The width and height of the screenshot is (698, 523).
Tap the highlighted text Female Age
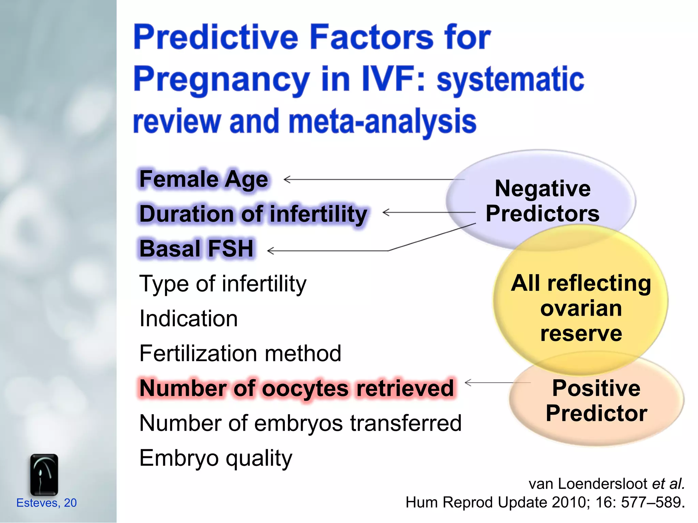point(204,179)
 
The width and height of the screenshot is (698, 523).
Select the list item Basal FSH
point(197,249)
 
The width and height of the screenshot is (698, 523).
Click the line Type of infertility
point(223,284)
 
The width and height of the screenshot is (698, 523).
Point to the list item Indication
point(188,319)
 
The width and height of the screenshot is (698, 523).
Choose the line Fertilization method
point(240,353)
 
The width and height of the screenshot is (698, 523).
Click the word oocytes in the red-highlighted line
point(305,389)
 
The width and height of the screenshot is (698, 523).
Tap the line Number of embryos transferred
point(300,423)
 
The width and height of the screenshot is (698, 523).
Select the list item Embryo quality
point(216,458)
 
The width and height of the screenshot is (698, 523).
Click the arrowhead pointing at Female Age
point(286,179)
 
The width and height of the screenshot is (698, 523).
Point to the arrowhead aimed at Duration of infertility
point(385,212)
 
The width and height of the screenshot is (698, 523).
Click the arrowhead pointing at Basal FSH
point(270,251)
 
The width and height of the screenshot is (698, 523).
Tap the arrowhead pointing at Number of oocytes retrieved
point(468,382)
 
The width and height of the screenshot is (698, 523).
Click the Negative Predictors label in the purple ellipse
point(542,201)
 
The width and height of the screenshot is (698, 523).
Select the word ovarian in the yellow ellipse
point(581,308)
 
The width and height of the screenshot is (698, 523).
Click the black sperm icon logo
point(44,475)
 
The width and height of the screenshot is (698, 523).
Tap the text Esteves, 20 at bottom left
point(46,503)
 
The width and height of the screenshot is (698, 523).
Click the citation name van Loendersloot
point(588,484)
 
